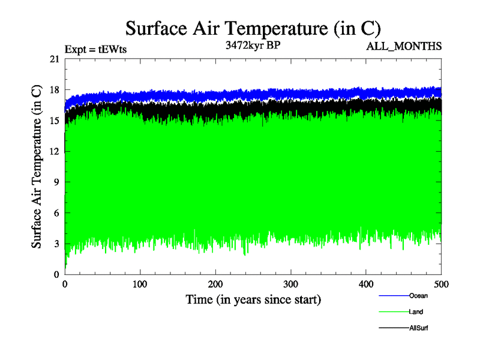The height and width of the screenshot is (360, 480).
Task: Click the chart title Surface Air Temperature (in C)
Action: coord(253,28)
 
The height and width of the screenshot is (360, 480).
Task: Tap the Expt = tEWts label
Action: coord(95,50)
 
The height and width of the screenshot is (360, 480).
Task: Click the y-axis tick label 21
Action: coord(54,59)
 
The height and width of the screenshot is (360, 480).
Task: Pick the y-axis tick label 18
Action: coord(54,90)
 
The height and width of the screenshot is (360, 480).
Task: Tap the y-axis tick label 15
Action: coord(54,121)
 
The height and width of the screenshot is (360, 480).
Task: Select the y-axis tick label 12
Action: coord(54,151)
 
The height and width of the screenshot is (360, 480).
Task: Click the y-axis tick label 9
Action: coord(56,182)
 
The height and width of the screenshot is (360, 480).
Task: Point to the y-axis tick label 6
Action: coord(56,213)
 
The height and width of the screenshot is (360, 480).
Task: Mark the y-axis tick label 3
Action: coord(56,244)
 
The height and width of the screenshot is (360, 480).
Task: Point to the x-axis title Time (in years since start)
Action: coord(253,299)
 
